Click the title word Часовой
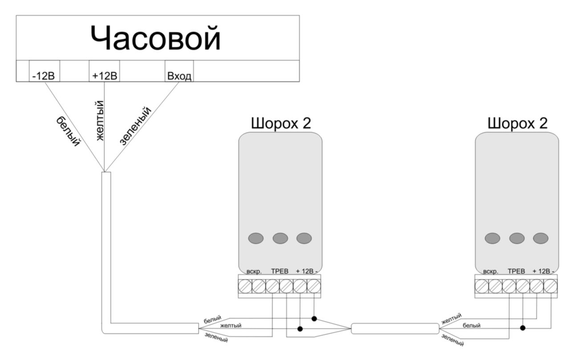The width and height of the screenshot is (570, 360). click(155, 39)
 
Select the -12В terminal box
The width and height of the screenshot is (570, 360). click(44, 76)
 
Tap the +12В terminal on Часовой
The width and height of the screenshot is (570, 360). click(104, 76)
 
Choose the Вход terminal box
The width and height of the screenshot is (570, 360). click(179, 76)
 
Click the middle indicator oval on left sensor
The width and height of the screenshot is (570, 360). click(280, 238)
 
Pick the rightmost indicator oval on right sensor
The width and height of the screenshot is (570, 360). click(541, 238)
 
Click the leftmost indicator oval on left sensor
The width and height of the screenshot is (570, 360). click(256, 238)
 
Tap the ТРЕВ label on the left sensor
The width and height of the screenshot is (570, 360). click(280, 271)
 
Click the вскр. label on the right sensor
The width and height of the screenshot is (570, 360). click(490, 271)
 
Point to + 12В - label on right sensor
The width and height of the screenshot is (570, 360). click(543, 271)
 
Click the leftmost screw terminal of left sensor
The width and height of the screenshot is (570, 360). click(245, 285)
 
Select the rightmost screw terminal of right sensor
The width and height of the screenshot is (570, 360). click(550, 285)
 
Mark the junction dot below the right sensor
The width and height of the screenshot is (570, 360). click(522, 327)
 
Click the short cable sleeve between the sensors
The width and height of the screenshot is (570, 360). click(395, 329)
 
